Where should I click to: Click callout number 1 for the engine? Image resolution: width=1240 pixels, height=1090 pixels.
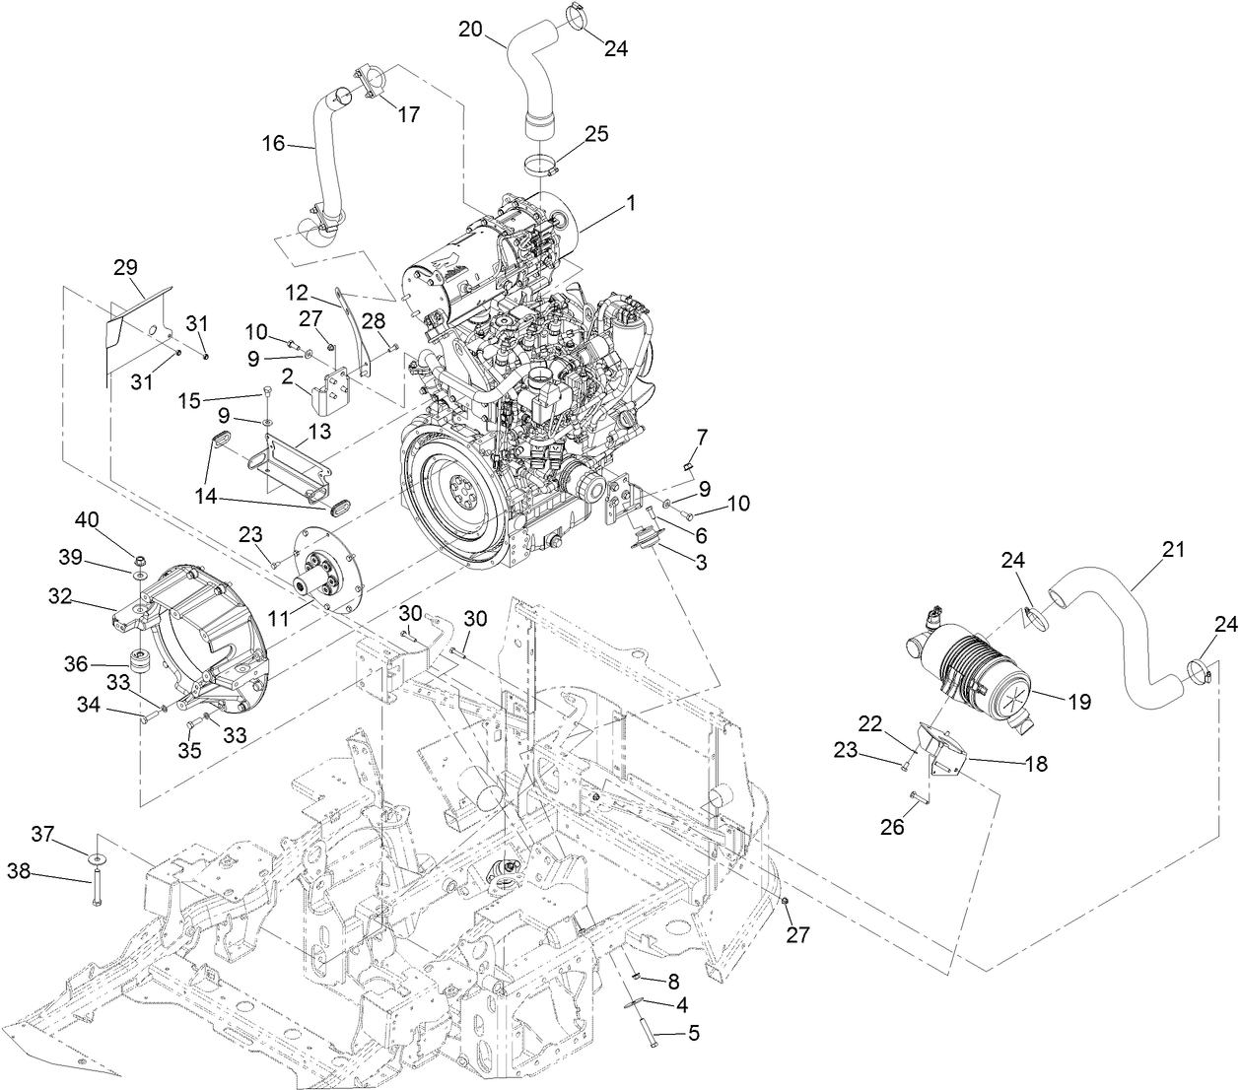(x=630, y=204)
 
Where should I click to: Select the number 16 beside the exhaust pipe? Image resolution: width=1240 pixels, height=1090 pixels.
(x=273, y=144)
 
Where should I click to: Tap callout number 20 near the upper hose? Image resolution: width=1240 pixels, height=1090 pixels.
(x=470, y=29)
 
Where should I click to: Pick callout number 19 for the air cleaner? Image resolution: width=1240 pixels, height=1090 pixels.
(x=1079, y=702)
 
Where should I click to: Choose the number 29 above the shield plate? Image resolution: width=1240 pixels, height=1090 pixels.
(x=125, y=267)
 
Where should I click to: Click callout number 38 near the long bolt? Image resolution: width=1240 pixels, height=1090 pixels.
(x=20, y=870)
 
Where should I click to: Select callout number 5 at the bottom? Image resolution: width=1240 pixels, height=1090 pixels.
(x=693, y=1035)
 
